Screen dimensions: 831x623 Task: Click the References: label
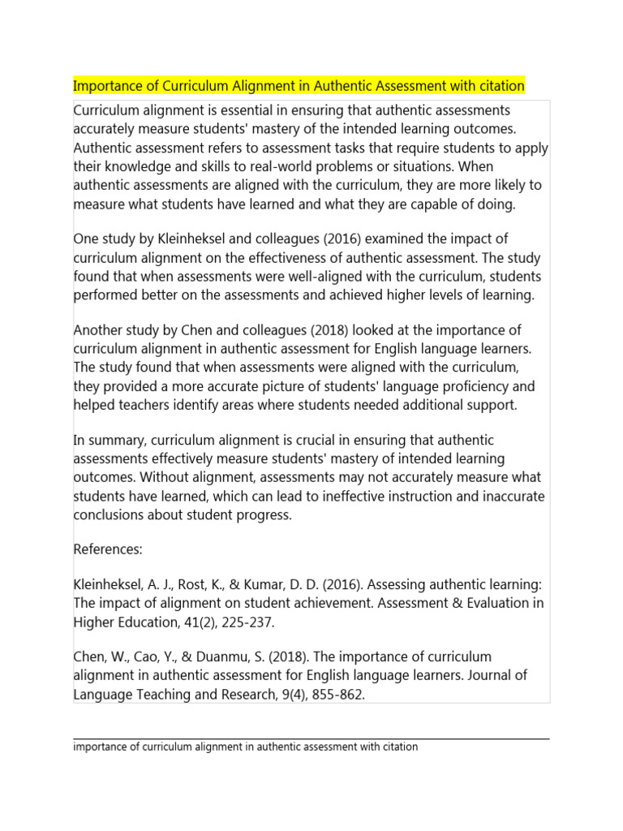click(x=108, y=549)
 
